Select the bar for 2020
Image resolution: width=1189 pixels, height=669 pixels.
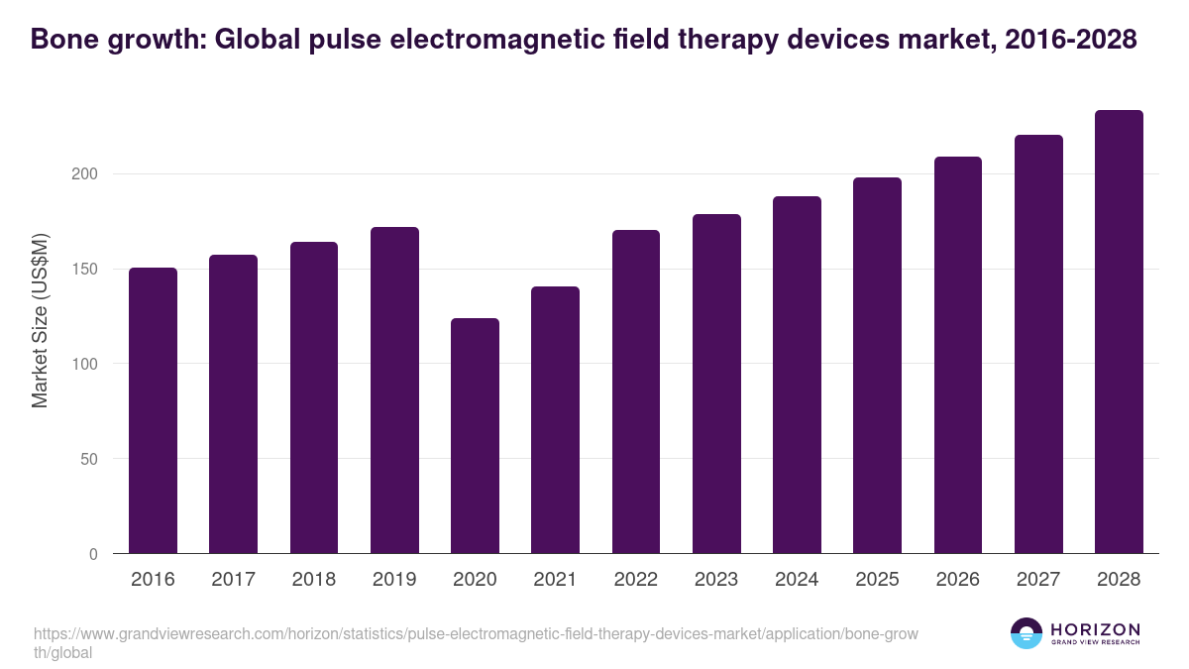click(x=475, y=436)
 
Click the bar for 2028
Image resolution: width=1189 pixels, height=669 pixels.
click(x=1119, y=332)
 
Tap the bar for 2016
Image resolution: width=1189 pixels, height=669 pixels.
click(x=153, y=410)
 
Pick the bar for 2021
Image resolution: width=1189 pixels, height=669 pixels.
click(x=555, y=420)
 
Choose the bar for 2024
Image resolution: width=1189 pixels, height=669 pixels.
click(x=797, y=375)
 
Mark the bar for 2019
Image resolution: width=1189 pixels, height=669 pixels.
click(x=394, y=390)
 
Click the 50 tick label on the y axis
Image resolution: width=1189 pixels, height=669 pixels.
click(x=90, y=459)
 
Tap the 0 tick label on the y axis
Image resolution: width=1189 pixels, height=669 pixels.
click(x=94, y=554)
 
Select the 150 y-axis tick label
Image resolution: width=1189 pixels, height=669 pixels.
click(x=85, y=270)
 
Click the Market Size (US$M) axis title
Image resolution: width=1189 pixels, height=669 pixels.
click(x=41, y=320)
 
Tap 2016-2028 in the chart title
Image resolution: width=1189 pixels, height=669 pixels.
click(x=1070, y=40)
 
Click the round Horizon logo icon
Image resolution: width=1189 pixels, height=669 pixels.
click(x=1027, y=633)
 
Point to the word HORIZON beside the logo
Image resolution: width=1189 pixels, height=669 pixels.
click(x=1095, y=629)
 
